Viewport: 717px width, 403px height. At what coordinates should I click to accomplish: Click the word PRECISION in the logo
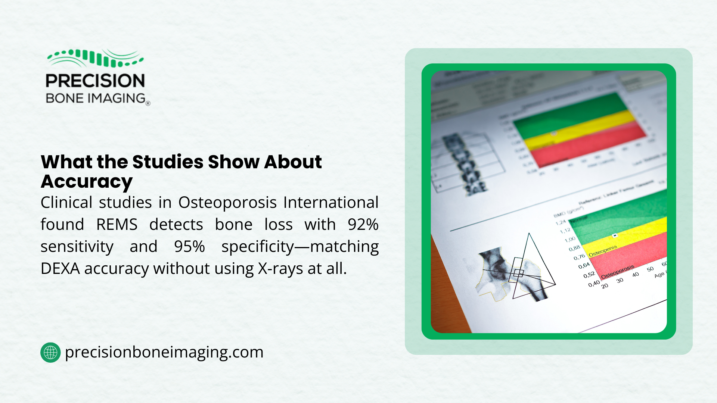coord(95,81)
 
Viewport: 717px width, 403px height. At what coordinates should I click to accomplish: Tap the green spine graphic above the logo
coord(95,58)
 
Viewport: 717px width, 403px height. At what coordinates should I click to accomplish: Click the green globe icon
coord(50,352)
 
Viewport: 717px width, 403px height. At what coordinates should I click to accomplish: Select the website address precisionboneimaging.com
coord(164,352)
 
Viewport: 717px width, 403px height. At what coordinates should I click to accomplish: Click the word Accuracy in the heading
coord(87,182)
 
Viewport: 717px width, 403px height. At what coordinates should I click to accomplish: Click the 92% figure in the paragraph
coord(363,225)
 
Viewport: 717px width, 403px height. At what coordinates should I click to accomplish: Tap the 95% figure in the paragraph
coord(189,247)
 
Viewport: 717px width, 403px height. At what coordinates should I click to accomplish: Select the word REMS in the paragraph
coord(117,225)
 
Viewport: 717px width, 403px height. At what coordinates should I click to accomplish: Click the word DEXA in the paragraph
coord(60,269)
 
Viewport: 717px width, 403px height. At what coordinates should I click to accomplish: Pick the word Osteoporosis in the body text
coord(227,203)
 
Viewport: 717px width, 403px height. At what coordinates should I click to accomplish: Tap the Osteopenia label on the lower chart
coord(603,251)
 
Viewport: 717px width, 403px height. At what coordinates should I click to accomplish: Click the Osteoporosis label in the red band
coord(618,272)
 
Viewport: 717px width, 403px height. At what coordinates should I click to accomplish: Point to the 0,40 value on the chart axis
coord(594,284)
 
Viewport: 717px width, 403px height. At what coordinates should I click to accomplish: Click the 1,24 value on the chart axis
coord(561,223)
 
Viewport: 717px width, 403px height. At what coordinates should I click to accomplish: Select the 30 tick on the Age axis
coord(620,280)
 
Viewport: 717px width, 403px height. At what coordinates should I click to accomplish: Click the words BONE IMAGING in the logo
coord(96,99)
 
